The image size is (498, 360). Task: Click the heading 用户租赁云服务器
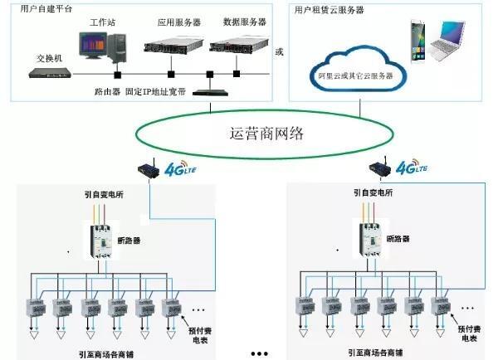click(329, 9)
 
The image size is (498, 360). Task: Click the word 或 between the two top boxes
click(279, 52)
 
